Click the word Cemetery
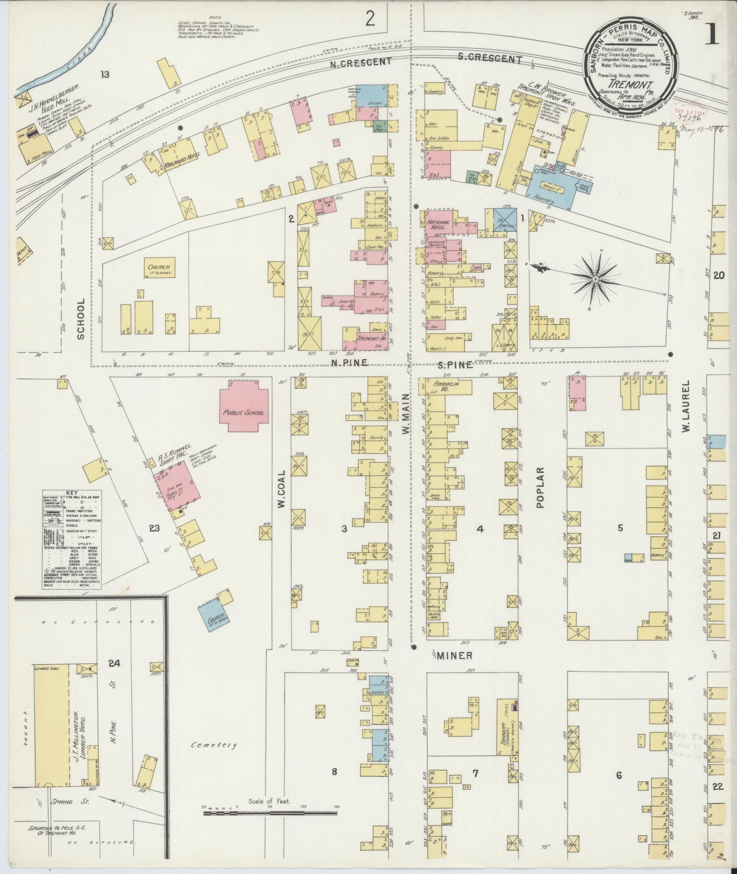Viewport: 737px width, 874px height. click(x=214, y=744)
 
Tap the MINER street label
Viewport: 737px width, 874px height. click(x=454, y=656)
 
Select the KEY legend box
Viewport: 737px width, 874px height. click(x=72, y=540)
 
